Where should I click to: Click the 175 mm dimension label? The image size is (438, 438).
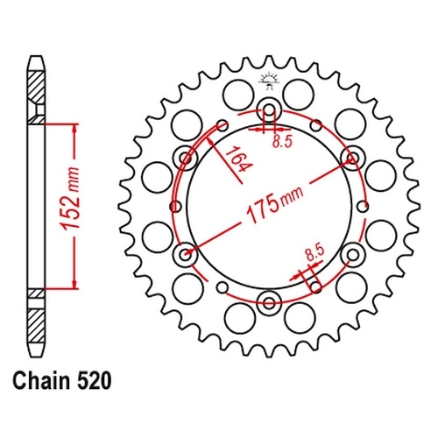click(x=275, y=203)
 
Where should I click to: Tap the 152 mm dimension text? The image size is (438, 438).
click(x=70, y=199)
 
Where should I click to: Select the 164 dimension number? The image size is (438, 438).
click(x=238, y=160)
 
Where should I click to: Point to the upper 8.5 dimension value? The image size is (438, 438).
click(x=282, y=142)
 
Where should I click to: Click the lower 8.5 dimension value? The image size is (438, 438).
click(x=315, y=253)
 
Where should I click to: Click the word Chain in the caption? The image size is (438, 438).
click(x=41, y=380)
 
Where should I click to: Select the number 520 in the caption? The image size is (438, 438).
click(x=94, y=380)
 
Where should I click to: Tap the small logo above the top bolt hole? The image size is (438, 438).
click(x=269, y=81)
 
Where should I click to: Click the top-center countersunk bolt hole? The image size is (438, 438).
click(x=269, y=111)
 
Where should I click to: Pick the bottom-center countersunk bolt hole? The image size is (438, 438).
click(x=269, y=302)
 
